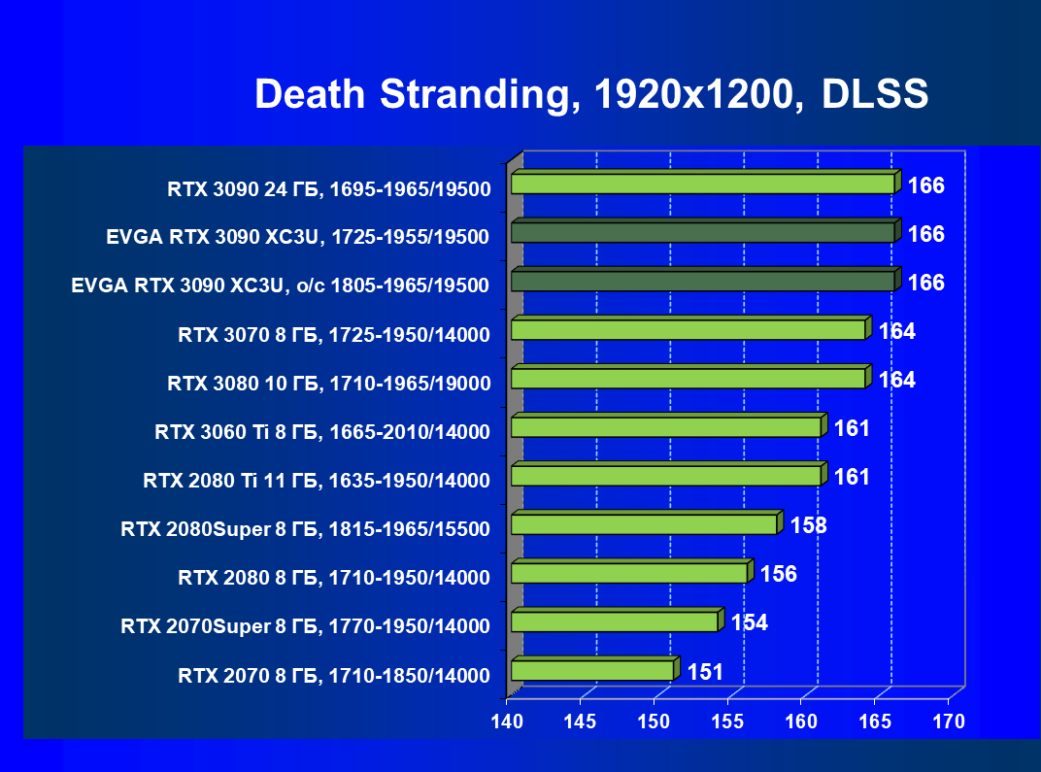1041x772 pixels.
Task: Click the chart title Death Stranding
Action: [x=407, y=94]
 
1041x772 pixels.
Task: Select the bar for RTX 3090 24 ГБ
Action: [x=702, y=184]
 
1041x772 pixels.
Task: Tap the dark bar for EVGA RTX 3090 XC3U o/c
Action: [x=702, y=281]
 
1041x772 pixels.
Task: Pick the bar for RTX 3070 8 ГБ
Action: [x=688, y=329]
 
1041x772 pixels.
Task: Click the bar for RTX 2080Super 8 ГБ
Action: [x=644, y=524]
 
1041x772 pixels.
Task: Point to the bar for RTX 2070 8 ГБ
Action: [x=591, y=670]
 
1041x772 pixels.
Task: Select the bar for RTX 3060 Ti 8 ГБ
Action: [x=665, y=426]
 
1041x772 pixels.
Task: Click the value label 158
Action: [x=808, y=525]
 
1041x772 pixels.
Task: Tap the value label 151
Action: [x=704, y=671]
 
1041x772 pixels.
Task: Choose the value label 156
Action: [x=778, y=574]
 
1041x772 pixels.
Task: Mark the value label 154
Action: [x=749, y=622]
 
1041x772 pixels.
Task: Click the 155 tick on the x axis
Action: [x=727, y=722]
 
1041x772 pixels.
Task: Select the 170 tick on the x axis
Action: [x=948, y=722]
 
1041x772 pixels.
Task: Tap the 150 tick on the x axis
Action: [x=654, y=722]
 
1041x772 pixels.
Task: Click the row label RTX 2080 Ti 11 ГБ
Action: [x=316, y=480]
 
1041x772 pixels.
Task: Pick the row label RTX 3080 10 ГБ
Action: [x=328, y=383]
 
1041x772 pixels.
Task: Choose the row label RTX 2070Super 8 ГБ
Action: [x=305, y=625]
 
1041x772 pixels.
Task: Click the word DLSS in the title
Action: [x=875, y=94]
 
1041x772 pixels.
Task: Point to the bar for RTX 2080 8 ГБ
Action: [x=628, y=573]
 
